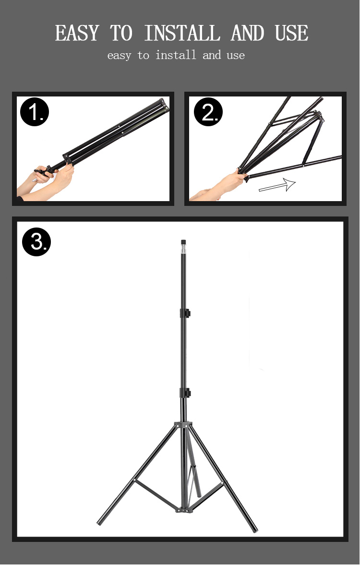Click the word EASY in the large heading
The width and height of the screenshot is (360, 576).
click(x=77, y=34)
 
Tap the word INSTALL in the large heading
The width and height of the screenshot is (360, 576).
click(x=182, y=34)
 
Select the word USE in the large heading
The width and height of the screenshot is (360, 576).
click(x=291, y=34)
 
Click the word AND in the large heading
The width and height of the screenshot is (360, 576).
click(x=247, y=34)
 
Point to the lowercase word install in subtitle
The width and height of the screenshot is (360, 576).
click(x=176, y=55)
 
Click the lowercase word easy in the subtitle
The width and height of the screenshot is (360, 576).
click(x=119, y=56)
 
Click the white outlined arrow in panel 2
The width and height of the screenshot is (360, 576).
click(x=277, y=185)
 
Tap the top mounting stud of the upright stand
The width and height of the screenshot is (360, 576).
click(x=183, y=242)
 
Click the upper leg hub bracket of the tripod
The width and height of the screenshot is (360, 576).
click(x=183, y=425)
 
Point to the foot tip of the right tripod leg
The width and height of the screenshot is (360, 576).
click(x=254, y=529)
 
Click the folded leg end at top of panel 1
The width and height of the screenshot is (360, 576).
click(x=163, y=105)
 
